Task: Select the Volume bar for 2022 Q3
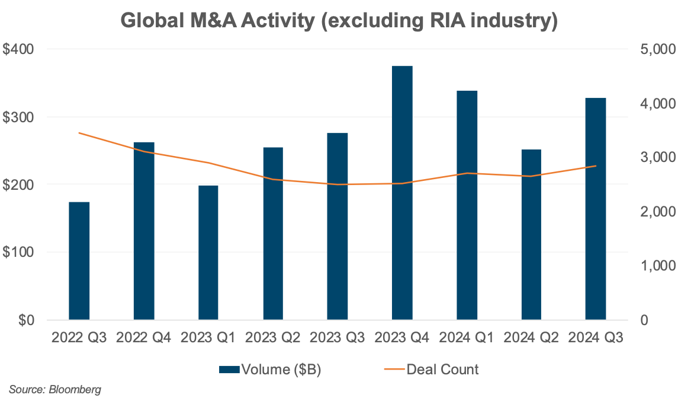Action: pos(79,261)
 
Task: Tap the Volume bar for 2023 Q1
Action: pos(208,252)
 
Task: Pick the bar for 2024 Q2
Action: pos(531,234)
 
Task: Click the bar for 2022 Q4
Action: pos(144,231)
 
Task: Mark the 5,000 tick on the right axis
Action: pos(654,50)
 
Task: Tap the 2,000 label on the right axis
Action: pos(654,212)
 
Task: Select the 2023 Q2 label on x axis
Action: pos(273,338)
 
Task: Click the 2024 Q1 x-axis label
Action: pos(467,338)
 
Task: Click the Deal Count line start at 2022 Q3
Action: pos(79,133)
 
